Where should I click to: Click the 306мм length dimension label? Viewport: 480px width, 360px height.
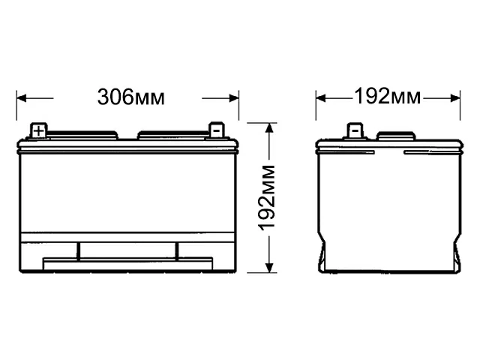coord(130,97)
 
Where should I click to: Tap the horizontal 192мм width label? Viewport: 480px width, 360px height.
coord(388,97)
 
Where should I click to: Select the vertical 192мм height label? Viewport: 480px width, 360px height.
coord(268,196)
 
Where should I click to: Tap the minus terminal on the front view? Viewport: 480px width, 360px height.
coord(215,130)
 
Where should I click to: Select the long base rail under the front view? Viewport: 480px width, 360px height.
coord(129,264)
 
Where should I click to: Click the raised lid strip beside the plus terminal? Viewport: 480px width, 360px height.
coord(84,136)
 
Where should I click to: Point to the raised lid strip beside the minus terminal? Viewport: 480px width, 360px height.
coord(171,136)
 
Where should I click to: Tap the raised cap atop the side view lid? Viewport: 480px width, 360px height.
coord(396,136)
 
